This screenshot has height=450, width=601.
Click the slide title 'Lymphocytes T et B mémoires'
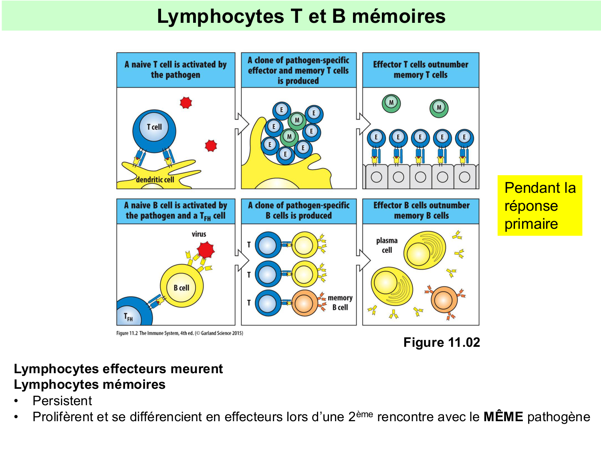coord(301,16)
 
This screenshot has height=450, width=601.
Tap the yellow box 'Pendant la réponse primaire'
coord(539,206)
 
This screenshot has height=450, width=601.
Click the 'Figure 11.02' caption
coord(441,342)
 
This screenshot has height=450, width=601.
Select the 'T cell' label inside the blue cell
coord(154,127)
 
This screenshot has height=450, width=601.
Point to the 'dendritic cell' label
coord(155,180)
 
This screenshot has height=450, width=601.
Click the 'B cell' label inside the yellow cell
coord(181,288)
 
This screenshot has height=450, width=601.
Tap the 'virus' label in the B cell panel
coord(199,234)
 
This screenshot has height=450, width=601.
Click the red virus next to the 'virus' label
coord(206,250)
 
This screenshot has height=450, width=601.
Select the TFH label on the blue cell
coord(128,317)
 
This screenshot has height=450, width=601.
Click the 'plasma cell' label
coord(387,245)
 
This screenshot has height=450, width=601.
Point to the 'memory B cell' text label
coord(340,302)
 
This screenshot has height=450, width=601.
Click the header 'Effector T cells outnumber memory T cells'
coord(420,70)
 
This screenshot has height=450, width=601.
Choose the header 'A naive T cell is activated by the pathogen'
coord(175,70)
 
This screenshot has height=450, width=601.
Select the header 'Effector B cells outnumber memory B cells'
coord(421,210)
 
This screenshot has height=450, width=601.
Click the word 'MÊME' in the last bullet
coord(503,417)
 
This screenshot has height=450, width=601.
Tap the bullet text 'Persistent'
coord(62,401)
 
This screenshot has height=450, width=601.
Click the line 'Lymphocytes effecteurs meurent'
coord(118,368)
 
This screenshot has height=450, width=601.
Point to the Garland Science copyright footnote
coord(179,333)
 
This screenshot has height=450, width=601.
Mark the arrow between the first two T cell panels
coord(241,123)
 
